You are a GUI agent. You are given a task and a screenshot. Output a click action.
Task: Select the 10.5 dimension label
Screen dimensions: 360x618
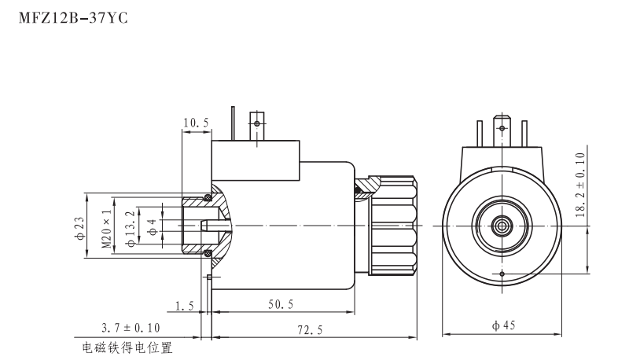195,123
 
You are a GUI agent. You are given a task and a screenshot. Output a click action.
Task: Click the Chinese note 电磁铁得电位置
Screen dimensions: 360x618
127,347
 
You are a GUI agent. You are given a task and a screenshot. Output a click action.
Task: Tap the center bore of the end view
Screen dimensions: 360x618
502,226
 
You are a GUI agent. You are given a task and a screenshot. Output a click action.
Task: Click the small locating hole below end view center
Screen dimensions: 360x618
502,273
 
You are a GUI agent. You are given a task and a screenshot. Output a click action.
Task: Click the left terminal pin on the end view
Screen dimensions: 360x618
481,128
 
